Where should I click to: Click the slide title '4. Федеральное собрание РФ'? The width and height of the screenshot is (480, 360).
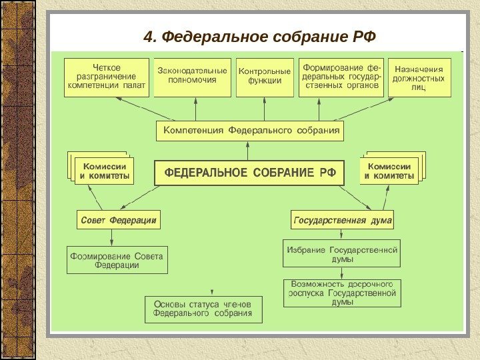coord(256,35)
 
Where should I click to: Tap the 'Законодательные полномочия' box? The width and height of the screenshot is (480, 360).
coord(192,78)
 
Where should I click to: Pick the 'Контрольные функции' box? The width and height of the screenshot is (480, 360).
coord(265,78)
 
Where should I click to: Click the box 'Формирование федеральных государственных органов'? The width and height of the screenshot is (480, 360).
coord(341,77)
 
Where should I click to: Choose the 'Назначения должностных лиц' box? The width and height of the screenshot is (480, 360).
coord(419,78)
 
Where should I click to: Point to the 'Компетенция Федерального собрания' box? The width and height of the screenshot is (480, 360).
coord(250,130)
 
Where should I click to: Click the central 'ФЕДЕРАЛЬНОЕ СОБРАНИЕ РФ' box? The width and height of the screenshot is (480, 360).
coord(249,173)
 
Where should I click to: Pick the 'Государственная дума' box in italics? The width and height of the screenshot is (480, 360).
coord(343,219)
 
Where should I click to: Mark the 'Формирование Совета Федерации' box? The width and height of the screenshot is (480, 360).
coord(117,260)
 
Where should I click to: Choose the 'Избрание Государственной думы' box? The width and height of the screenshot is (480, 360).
coord(342,253)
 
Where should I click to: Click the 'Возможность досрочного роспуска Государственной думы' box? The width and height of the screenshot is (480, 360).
coord(342,293)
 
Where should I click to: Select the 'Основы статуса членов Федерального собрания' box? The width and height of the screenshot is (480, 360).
coord(203,309)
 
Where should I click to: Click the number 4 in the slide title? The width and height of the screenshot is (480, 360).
coord(147,35)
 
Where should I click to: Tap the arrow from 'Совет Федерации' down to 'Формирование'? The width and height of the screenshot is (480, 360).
coord(111,237)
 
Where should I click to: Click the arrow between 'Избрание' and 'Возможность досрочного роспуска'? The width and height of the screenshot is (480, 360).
coord(342,273)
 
